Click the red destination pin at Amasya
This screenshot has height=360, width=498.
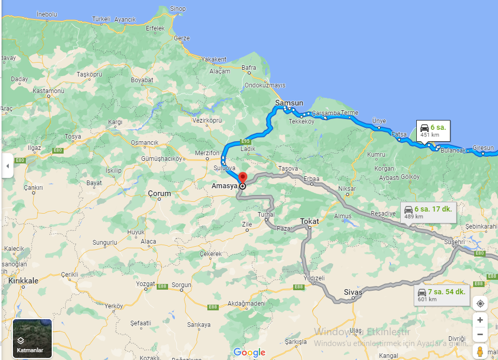pyautogui.click(x=243, y=177)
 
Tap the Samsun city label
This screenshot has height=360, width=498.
pyautogui.click(x=289, y=103)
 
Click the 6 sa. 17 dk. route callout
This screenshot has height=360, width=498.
pyautogui.click(x=429, y=212)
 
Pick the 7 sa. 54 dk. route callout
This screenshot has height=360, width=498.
pyautogui.click(x=443, y=294)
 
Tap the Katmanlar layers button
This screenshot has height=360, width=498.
pyautogui.click(x=32, y=338)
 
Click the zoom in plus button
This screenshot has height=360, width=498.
pyautogui.click(x=480, y=320)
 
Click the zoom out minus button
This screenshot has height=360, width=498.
pyautogui.click(x=480, y=334)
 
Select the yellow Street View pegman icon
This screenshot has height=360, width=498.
pyautogui.click(x=480, y=352)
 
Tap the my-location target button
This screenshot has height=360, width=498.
pyautogui.click(x=480, y=303)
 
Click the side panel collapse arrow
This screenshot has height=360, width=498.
pyautogui.click(x=7, y=166)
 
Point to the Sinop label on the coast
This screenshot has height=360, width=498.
pyautogui.click(x=178, y=9)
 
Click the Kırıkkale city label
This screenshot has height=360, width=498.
pyautogui.click(x=23, y=280)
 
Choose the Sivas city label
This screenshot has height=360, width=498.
pyautogui.click(x=353, y=292)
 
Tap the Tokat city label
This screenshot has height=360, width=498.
pyautogui.click(x=309, y=221)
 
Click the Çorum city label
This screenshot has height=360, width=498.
pyautogui.click(x=159, y=193)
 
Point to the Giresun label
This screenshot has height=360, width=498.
pyautogui.click(x=484, y=148)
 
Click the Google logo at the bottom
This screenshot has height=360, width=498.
pyautogui.click(x=249, y=352)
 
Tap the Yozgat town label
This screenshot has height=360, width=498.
pyautogui.click(x=145, y=284)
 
